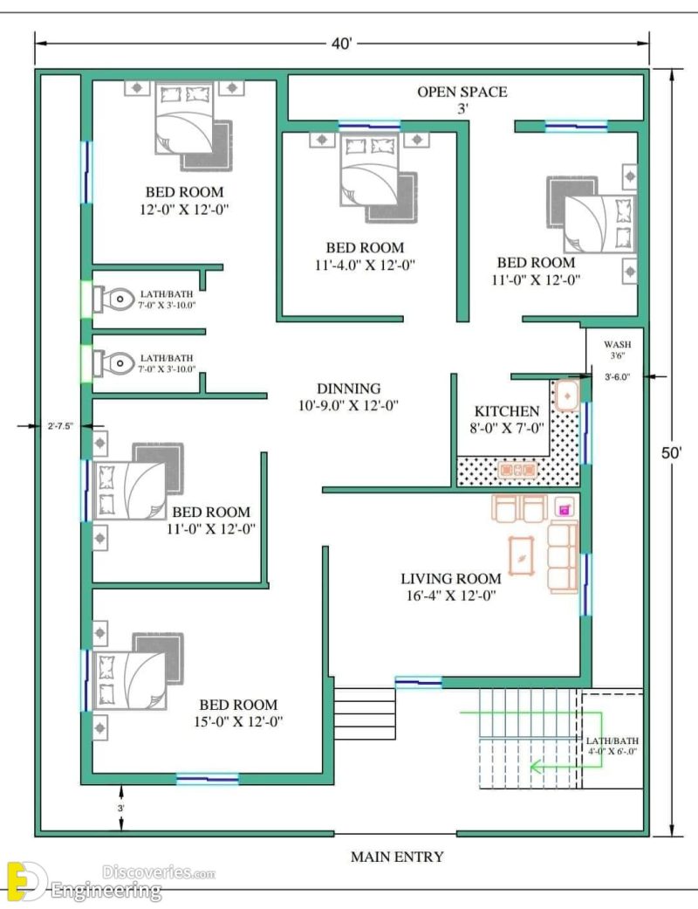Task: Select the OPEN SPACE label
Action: click(x=462, y=92)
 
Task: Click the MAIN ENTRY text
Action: click(x=397, y=857)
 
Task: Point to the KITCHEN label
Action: click(x=507, y=411)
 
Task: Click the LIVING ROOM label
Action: click(x=451, y=578)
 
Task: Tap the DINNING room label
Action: click(x=348, y=389)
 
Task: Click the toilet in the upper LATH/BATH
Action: click(x=112, y=299)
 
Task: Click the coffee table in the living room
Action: click(x=523, y=554)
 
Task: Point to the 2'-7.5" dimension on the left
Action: click(x=60, y=426)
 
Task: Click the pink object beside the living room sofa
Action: click(x=564, y=506)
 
